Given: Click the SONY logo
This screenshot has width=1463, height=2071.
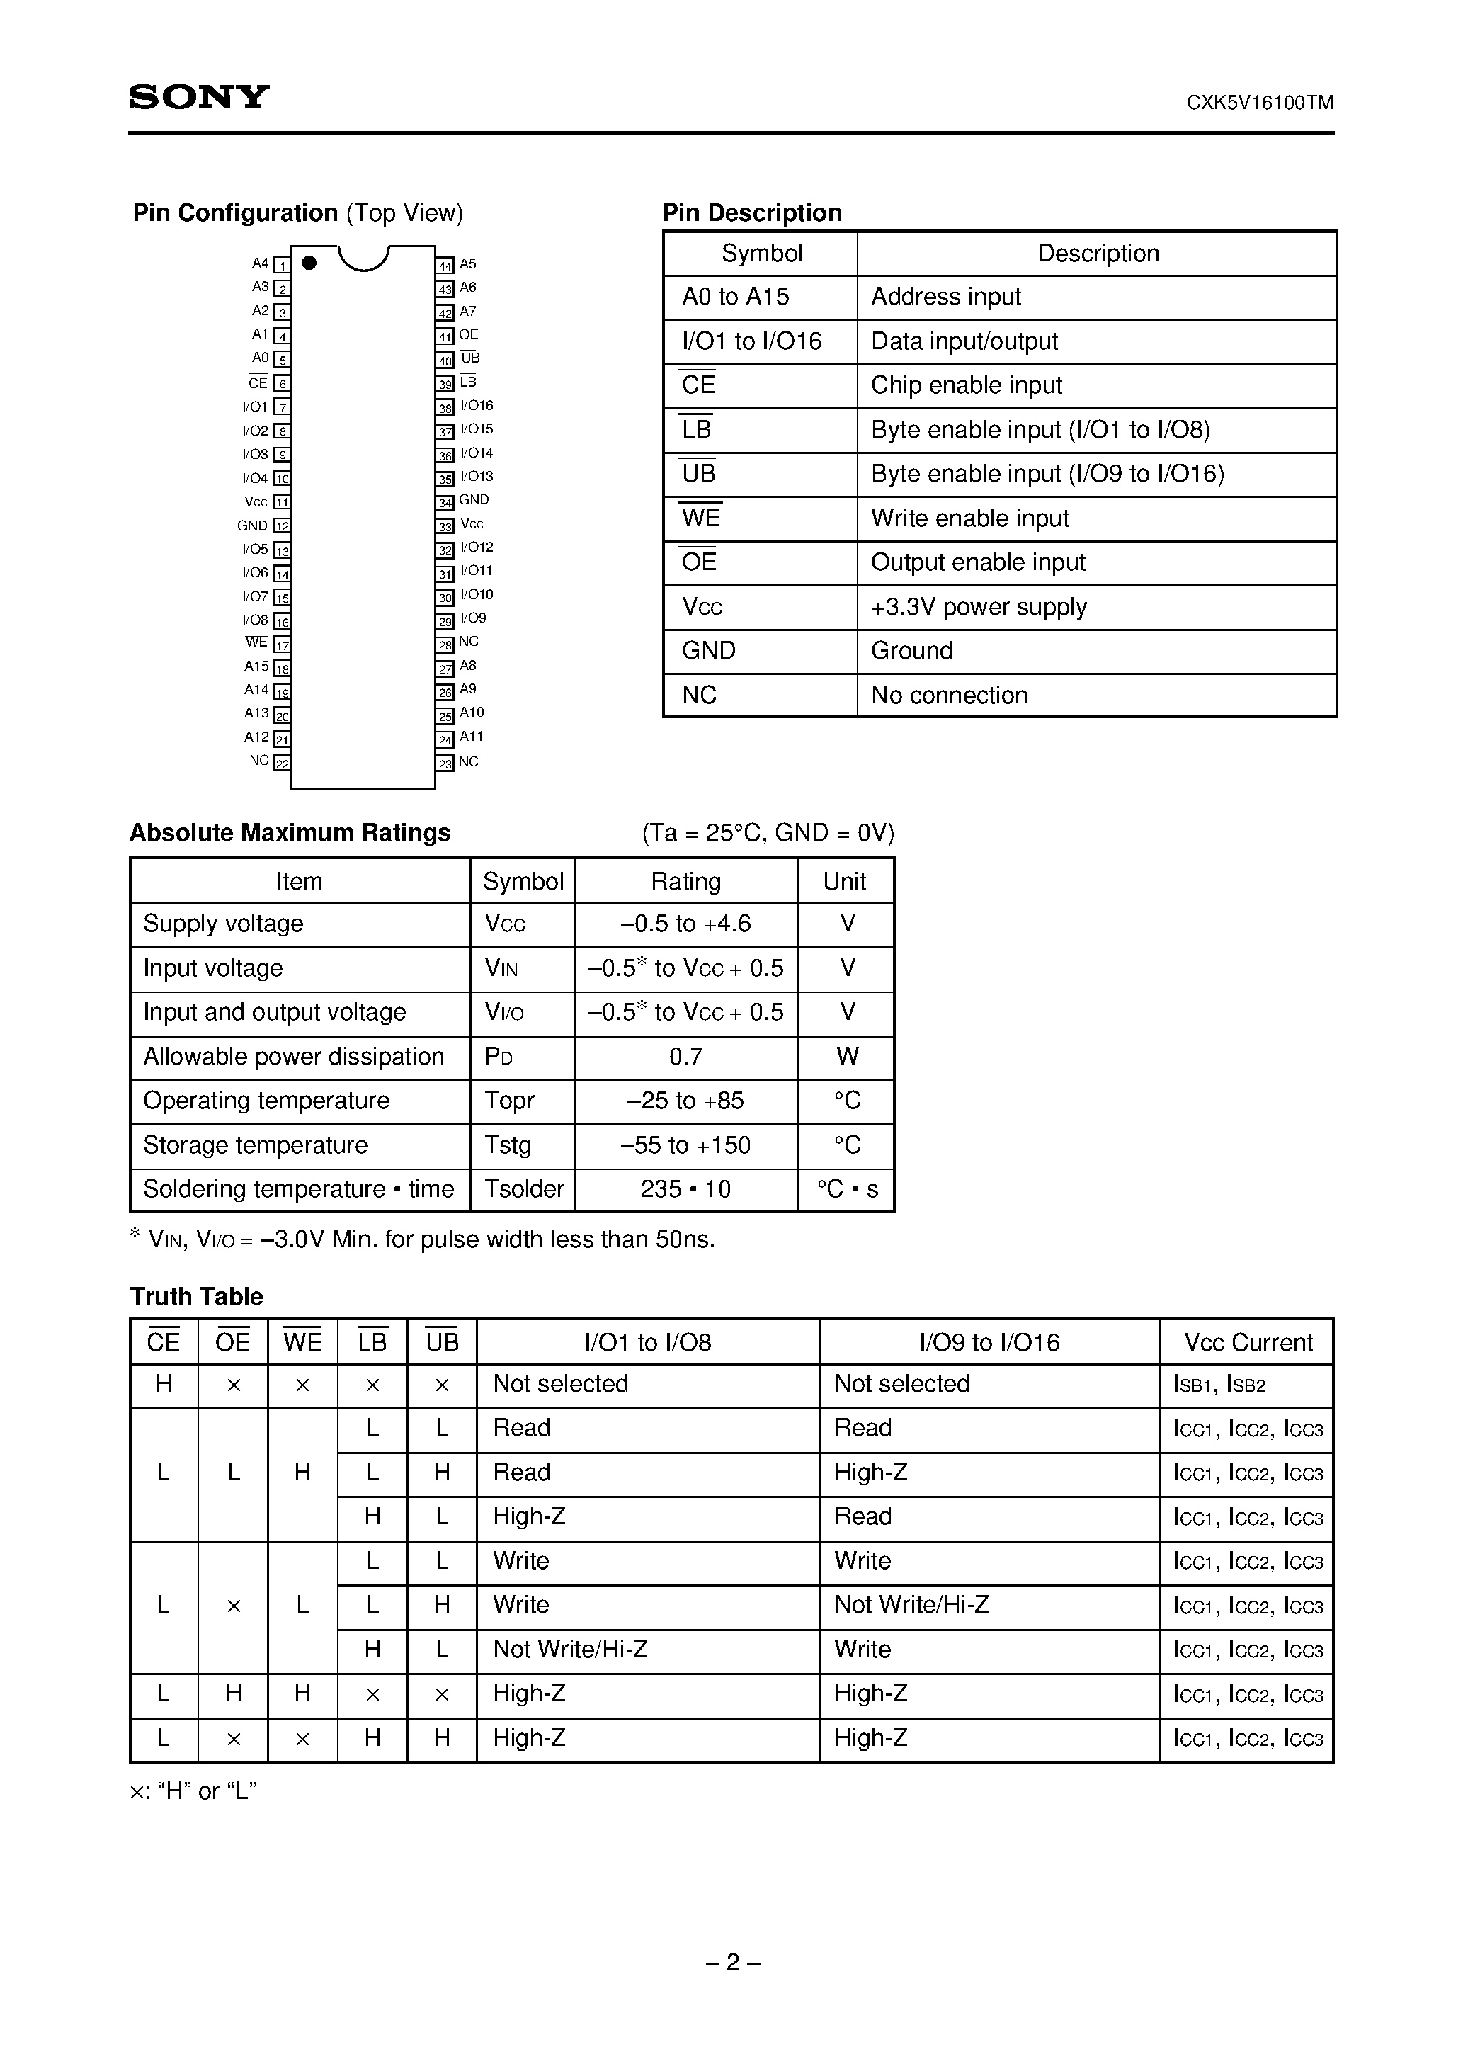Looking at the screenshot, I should coord(198,96).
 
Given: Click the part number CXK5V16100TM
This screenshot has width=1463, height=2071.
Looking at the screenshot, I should coord(1259,103).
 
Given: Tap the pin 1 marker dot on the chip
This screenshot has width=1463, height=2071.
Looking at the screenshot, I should coord(309,263).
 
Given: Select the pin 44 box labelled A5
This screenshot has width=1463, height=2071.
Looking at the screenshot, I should coord(445,265).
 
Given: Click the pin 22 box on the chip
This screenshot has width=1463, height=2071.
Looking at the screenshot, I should coord(281,763).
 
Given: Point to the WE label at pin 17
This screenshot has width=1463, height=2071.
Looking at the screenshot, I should coord(256,642).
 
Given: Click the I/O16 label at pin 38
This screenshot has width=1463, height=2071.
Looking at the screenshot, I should coord(477,406).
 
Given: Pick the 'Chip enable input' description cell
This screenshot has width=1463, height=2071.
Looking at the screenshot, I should coord(966,385).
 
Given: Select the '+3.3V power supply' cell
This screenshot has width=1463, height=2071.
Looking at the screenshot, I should coord(978,607).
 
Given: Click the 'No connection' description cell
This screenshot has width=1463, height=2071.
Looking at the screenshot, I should coord(949,696).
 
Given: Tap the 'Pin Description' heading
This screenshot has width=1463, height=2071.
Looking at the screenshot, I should coord(751,213).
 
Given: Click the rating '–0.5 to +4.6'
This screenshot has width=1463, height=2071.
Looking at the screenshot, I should coord(685,924).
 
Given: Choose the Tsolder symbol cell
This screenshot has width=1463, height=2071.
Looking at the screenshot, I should coord(523,1188).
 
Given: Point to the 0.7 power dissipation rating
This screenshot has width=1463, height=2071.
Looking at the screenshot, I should coord(685,1056).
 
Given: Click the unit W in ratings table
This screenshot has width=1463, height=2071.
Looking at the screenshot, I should coord(846,1056).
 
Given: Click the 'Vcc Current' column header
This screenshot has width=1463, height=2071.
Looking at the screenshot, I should coord(1248,1342).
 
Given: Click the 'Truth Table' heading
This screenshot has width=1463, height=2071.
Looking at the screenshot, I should coord(197,1296).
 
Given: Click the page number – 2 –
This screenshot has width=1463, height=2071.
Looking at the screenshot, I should coord(731,1963).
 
